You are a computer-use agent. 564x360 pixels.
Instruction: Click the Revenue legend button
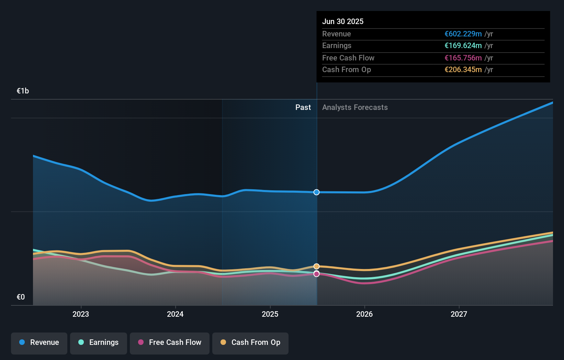point(39,342)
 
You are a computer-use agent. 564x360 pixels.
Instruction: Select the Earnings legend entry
point(99,342)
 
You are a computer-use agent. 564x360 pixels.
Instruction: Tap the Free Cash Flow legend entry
point(170,342)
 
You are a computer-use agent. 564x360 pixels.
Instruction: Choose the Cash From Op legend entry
point(250,342)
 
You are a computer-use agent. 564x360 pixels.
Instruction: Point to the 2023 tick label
point(81,314)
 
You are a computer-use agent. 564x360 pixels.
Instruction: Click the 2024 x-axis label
point(175,314)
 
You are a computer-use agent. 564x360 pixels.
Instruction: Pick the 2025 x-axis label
point(270,314)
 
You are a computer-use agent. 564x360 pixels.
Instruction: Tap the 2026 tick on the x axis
point(364,314)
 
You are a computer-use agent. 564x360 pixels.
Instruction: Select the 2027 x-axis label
point(459,314)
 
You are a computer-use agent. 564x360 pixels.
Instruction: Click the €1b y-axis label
point(23,91)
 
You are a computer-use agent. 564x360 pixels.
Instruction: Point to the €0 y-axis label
point(21,297)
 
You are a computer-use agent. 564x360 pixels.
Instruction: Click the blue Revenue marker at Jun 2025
point(317,192)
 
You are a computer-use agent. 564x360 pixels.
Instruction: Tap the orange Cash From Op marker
point(317,266)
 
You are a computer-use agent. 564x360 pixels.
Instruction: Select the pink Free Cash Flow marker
point(317,274)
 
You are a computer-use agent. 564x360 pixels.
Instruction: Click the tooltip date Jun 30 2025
point(343,21)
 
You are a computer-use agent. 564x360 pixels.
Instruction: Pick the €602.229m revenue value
point(463,34)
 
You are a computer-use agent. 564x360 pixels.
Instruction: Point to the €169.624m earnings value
point(463,45)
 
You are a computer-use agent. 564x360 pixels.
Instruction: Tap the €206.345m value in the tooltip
point(463,69)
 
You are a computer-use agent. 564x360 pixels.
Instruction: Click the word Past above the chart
point(303,108)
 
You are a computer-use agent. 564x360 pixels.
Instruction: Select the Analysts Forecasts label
point(355,108)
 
